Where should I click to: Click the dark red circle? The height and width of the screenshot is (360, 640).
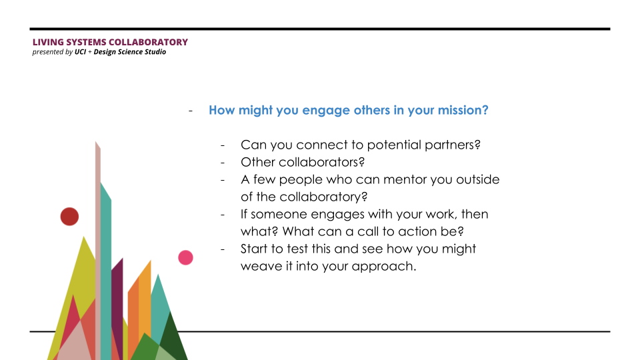click(x=69, y=216)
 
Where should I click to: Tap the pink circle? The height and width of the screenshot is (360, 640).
click(x=185, y=257)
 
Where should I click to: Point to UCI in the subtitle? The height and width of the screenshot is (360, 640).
click(x=80, y=52)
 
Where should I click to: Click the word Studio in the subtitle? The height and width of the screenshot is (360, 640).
click(x=155, y=52)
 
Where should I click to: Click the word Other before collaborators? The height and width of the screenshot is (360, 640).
click(x=258, y=162)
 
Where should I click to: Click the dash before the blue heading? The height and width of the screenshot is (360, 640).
click(x=191, y=111)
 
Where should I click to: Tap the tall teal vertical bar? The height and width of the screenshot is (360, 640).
click(x=106, y=271)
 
